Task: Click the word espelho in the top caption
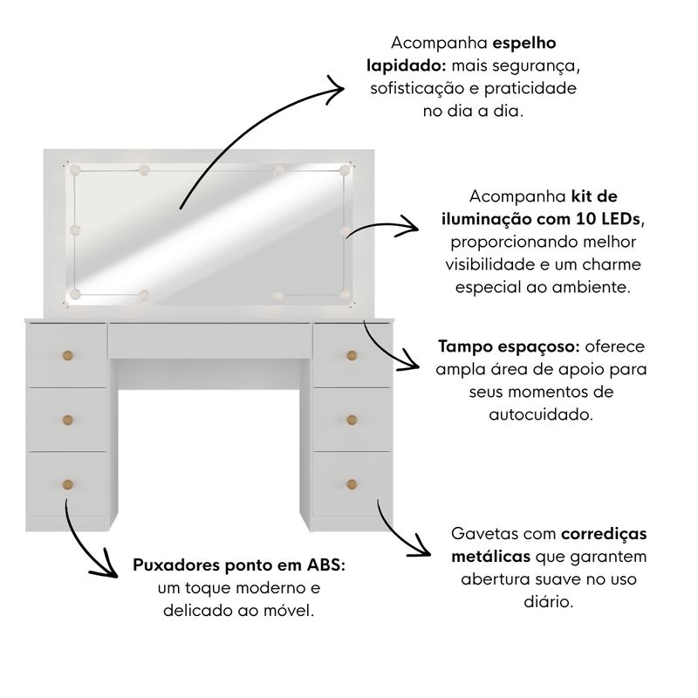coord(524,44)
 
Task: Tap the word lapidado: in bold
coord(407,66)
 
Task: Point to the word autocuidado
coord(541,414)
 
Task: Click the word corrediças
coord(604,534)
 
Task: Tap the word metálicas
coord(490,557)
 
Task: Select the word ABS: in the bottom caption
coord(325,565)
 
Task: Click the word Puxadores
coord(176,565)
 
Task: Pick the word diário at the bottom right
coord(549,602)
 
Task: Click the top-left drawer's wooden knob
coord(68,356)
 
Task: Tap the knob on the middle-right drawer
coord(352,420)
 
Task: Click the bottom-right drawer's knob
coord(352,484)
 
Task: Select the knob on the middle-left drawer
coord(68,420)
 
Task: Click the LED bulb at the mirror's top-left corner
coord(75,170)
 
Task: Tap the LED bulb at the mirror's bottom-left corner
coord(75,294)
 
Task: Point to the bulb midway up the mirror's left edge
coord(75,230)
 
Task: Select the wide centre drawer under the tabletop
coord(209,340)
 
